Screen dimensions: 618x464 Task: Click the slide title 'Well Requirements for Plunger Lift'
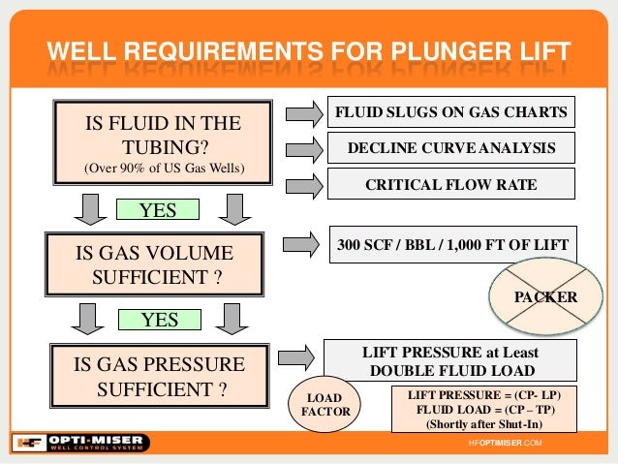[309, 51]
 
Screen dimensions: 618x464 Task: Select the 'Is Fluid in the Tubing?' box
[163, 145]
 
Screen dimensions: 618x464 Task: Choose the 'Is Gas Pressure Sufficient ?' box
[155, 377]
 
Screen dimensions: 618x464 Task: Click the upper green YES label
[157, 209]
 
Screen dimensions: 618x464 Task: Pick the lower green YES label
[157, 320]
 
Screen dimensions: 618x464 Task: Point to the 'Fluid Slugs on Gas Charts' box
[450, 113]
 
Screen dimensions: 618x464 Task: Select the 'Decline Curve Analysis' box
[450, 148]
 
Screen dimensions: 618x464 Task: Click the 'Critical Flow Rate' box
[450, 183]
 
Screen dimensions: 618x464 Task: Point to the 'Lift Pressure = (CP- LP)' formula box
[482, 408]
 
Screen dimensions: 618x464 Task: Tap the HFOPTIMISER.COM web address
[505, 443]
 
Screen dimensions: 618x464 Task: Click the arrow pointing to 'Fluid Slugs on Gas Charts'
[304, 114]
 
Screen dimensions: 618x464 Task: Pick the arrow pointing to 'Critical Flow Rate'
[304, 183]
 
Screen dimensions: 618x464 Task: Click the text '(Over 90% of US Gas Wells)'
[163, 170]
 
